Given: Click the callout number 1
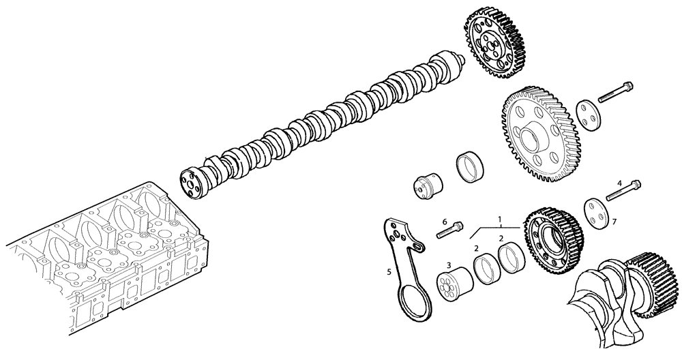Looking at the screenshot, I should pyautogui.click(x=500, y=220).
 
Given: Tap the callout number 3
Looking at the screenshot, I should pyautogui.click(x=448, y=264).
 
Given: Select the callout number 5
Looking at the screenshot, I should pyautogui.click(x=389, y=271).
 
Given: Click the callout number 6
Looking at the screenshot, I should pyautogui.click(x=444, y=222).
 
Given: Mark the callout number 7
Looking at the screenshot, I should pyautogui.click(x=614, y=222).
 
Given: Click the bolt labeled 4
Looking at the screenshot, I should pyautogui.click(x=623, y=191).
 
